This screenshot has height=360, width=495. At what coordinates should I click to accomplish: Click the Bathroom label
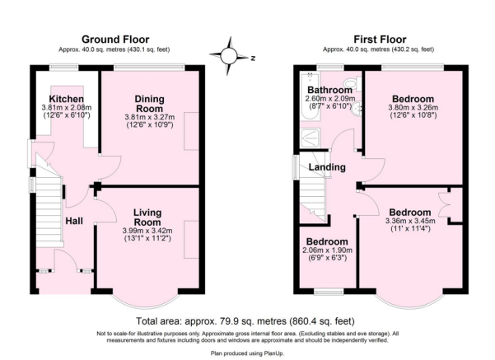[329, 90]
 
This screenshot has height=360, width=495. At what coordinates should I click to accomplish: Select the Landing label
[327, 169]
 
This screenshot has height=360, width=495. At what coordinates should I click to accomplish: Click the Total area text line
[247, 320]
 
